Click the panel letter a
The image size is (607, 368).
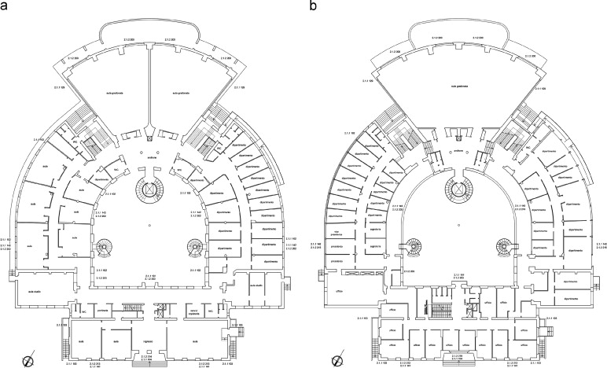[6, 6]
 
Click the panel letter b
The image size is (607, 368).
[315, 6]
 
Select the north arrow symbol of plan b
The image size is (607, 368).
[337, 361]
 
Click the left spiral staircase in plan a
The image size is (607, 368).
[104, 249]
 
